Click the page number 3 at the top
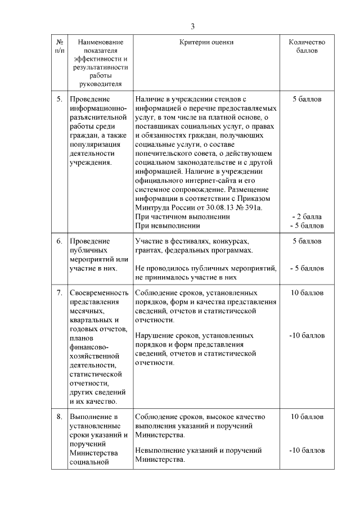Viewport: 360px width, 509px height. tap(193, 26)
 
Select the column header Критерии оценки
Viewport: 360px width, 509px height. tap(206, 42)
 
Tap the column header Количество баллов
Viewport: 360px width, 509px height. tap(307, 46)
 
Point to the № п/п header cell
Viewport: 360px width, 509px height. tap(60, 46)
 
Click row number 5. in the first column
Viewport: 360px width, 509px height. tap(60, 99)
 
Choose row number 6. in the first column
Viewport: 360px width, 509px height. tap(60, 241)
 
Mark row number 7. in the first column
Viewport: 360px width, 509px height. tap(60, 293)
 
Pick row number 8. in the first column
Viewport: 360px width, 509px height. tap(60, 417)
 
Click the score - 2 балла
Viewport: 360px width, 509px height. tap(307, 217)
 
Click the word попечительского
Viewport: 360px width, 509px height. tap(164, 154)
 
